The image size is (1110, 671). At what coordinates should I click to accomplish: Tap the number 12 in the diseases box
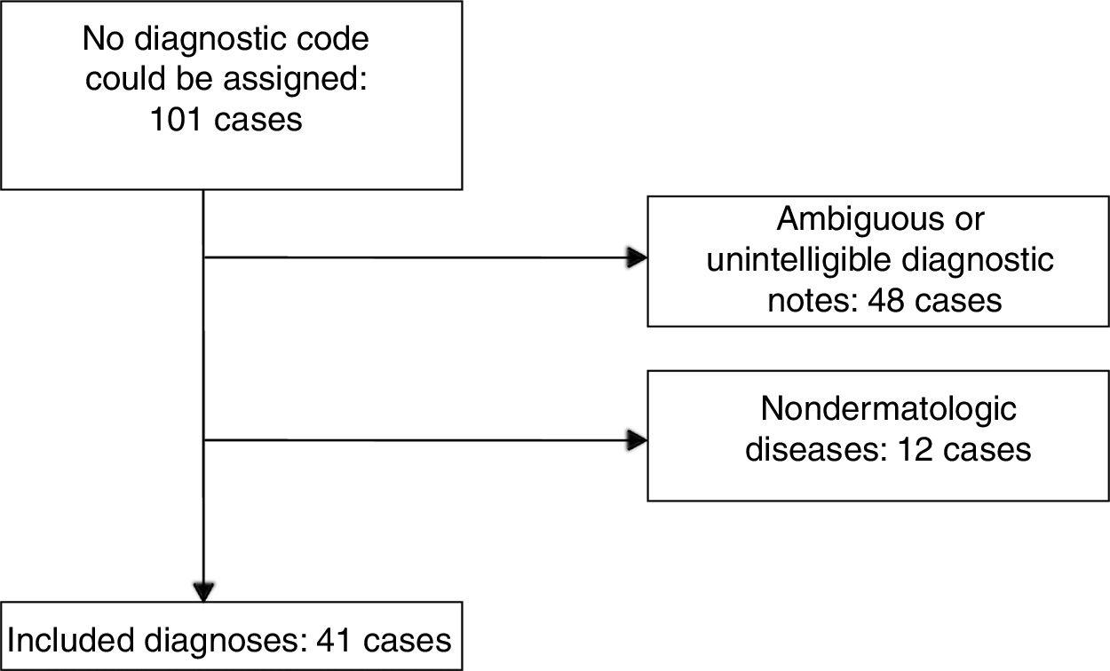click(x=916, y=449)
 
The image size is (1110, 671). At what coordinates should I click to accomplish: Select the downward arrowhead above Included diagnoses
click(x=204, y=591)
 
